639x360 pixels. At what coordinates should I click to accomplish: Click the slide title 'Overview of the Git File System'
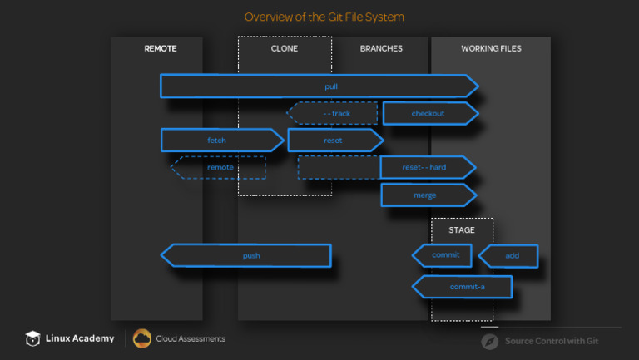(x=324, y=17)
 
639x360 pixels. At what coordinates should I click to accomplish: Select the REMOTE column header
(x=161, y=49)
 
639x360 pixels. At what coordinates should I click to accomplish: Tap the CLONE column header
(x=284, y=49)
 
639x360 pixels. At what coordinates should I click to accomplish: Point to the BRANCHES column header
(x=381, y=49)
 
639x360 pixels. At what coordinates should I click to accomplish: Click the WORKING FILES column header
(x=491, y=49)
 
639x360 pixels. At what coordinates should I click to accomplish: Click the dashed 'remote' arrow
(x=219, y=167)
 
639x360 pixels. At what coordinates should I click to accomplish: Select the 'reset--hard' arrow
(x=427, y=168)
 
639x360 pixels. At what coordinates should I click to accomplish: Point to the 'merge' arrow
(x=427, y=195)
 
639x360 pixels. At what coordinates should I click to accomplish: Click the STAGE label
(x=462, y=230)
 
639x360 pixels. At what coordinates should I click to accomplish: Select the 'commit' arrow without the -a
(x=443, y=255)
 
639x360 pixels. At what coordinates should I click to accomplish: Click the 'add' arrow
(x=509, y=256)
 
